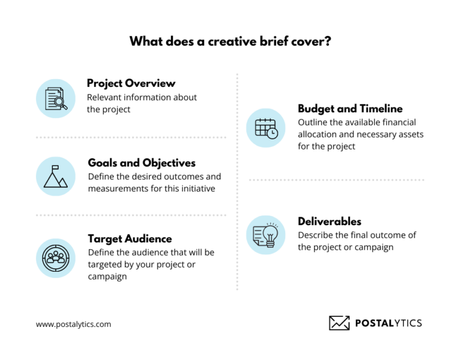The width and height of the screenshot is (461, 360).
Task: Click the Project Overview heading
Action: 131,83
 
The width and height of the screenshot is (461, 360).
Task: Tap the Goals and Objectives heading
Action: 142,163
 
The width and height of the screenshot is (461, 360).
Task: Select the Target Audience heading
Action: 130,238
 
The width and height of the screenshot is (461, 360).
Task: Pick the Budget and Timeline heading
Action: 350,109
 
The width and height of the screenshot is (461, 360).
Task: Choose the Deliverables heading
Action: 330,221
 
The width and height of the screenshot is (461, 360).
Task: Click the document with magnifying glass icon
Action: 56,98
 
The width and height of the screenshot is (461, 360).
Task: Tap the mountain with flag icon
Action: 56,176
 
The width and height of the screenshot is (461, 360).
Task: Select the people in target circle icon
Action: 56,257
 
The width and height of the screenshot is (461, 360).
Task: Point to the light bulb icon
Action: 270,234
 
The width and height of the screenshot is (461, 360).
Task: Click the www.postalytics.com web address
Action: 73,324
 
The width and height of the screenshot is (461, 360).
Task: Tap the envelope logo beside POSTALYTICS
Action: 339,323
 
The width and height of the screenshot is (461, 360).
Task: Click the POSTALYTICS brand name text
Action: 388,323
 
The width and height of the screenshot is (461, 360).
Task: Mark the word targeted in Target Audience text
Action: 107,265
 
